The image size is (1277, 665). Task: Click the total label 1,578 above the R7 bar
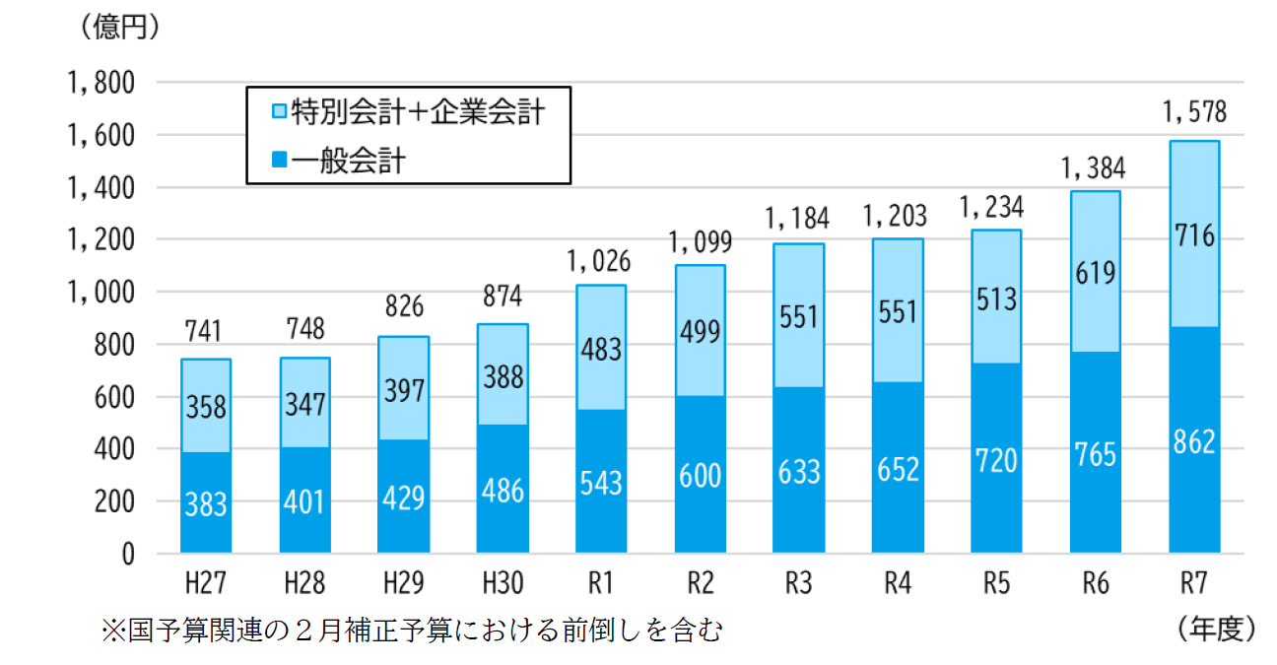pyautogui.click(x=1194, y=113)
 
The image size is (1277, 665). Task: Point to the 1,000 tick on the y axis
pyautogui.click(x=102, y=293)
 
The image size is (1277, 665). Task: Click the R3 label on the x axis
pyautogui.click(x=799, y=584)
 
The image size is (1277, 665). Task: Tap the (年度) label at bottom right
pyautogui.click(x=1214, y=629)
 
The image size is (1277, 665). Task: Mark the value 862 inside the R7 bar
pyautogui.click(x=1194, y=442)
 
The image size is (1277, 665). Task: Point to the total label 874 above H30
pyautogui.click(x=503, y=297)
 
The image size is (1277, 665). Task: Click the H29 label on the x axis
pyautogui.click(x=404, y=584)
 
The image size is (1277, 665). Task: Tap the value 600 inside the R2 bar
pyautogui.click(x=701, y=476)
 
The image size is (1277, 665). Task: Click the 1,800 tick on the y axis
pyautogui.click(x=102, y=83)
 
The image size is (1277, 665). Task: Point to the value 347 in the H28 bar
pyautogui.click(x=304, y=405)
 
